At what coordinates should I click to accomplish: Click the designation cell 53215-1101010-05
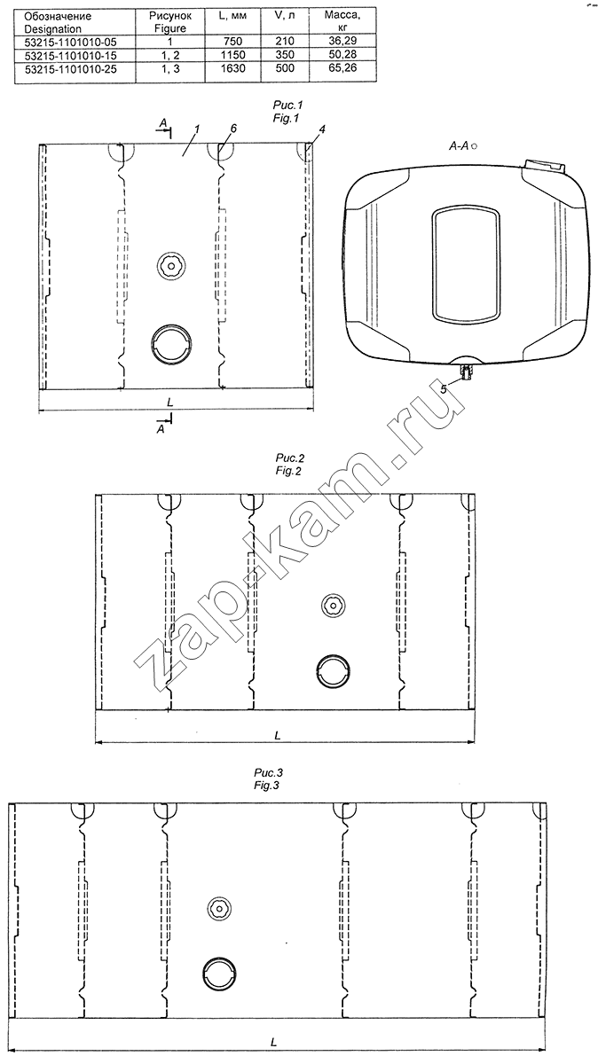pos(70,42)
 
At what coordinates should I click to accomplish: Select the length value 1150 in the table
pos(233,55)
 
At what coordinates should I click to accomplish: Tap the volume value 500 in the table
pos(285,68)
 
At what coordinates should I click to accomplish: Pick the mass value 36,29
pos(342,42)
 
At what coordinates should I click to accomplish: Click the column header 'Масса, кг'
pos(342,21)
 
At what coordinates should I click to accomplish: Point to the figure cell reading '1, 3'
pos(170,68)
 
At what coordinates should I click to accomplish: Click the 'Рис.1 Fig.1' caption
pos(287,111)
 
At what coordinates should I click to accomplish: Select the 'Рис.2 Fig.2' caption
pos(289,465)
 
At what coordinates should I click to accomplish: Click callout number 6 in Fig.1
pos(233,129)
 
